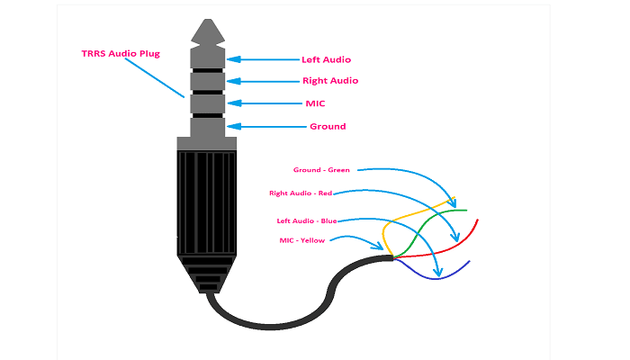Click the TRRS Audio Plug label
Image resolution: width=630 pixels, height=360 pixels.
pyautogui.click(x=121, y=53)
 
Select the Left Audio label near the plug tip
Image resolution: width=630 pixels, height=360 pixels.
pyautogui.click(x=325, y=59)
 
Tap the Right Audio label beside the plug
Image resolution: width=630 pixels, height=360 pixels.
pyautogui.click(x=329, y=81)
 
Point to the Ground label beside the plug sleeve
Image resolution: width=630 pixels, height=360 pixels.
pyautogui.click(x=327, y=126)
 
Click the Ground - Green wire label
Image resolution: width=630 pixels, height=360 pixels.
pyautogui.click(x=321, y=169)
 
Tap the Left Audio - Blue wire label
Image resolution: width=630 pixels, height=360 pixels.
pyautogui.click(x=307, y=220)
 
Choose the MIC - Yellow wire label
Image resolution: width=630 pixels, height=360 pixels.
pyautogui.click(x=303, y=239)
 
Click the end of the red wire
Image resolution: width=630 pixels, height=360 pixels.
pyautogui.click(x=477, y=220)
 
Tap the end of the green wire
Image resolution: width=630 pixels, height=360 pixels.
pyautogui.click(x=468, y=210)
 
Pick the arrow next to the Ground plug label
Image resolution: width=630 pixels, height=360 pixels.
pyautogui.click(x=265, y=126)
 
